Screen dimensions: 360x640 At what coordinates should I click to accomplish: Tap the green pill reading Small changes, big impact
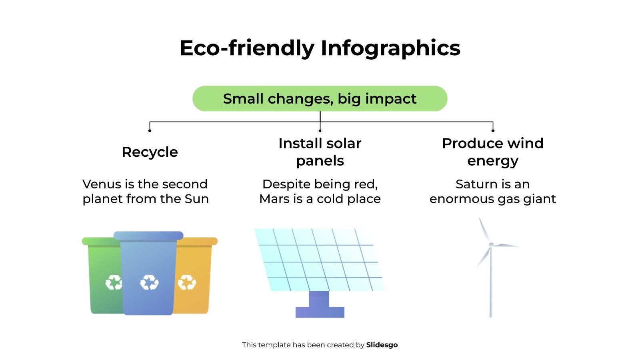pos(320,98)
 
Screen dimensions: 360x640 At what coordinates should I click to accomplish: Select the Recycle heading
pos(150,152)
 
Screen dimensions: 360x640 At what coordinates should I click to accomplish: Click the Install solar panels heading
pos(320,152)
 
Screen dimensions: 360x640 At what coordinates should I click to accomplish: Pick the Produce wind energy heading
pos(492,152)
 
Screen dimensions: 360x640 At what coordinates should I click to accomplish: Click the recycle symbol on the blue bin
pos(149,282)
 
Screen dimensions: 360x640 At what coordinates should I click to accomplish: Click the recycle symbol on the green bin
pos(113,282)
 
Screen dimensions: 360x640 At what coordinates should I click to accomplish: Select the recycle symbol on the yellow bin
pos(186,282)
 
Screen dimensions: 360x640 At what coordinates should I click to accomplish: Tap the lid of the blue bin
pos(148,236)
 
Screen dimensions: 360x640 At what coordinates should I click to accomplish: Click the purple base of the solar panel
pos(320,308)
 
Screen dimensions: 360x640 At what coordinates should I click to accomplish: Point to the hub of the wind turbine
pos(491,244)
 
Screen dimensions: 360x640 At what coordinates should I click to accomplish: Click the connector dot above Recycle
pos(150,130)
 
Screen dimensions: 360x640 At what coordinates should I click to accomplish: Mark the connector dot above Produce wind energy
pos(493,130)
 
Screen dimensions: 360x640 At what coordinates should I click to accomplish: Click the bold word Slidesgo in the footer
pos(382,345)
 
